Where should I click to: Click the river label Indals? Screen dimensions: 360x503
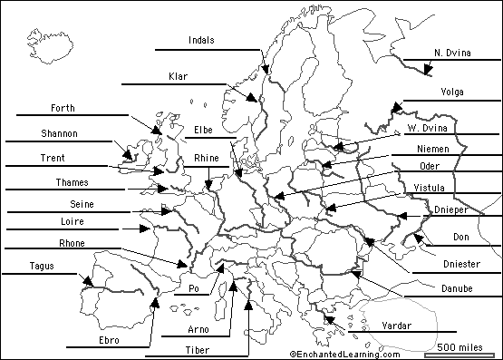point(201,40)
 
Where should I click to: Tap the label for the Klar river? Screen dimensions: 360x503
point(179,76)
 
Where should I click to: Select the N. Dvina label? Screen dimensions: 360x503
point(452,54)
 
